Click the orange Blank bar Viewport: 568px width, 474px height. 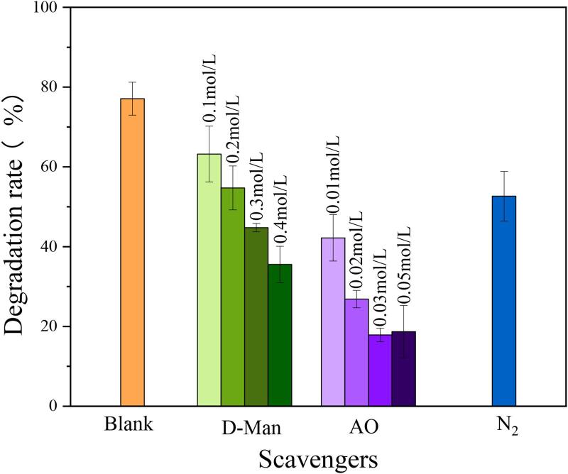pos(132,252)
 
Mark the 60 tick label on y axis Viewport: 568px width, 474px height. pos(52,167)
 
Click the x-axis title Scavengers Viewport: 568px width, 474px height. pos(317,458)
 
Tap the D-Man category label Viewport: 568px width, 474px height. pos(246,428)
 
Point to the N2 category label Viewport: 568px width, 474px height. pos(506,429)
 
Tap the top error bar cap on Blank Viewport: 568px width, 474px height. pos(132,82)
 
